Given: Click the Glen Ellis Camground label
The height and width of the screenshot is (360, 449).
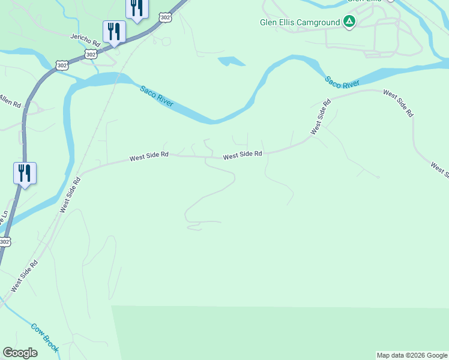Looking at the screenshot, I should pyautogui.click(x=300, y=23).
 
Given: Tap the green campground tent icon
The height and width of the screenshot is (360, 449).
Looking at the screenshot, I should pyautogui.click(x=349, y=22).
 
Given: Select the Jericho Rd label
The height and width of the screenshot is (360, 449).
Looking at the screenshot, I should pyautogui.click(x=85, y=40).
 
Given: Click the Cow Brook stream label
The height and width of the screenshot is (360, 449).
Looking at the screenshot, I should pyautogui.click(x=45, y=338).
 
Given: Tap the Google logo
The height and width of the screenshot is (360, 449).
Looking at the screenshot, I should pyautogui.click(x=20, y=353).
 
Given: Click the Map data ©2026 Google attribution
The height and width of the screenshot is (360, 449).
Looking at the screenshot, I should pyautogui.click(x=412, y=355).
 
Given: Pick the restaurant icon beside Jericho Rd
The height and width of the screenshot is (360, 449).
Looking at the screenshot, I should pyautogui.click(x=114, y=31).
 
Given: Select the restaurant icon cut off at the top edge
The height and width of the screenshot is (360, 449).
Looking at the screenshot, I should pyautogui.click(x=137, y=7).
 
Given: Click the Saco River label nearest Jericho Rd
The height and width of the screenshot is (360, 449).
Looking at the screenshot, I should pyautogui.click(x=157, y=97).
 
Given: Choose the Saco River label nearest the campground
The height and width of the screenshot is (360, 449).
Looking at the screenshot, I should pyautogui.click(x=342, y=82).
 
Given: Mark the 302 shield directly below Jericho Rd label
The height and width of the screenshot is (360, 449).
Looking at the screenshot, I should pyautogui.click(x=91, y=54).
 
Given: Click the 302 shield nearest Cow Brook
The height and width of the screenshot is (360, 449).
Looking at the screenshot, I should pyautogui.click(x=4, y=242).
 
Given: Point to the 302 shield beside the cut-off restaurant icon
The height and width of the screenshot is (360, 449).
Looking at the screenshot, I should pyautogui.click(x=165, y=18).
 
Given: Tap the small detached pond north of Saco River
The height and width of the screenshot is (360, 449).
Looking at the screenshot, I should pyautogui.click(x=232, y=61).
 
